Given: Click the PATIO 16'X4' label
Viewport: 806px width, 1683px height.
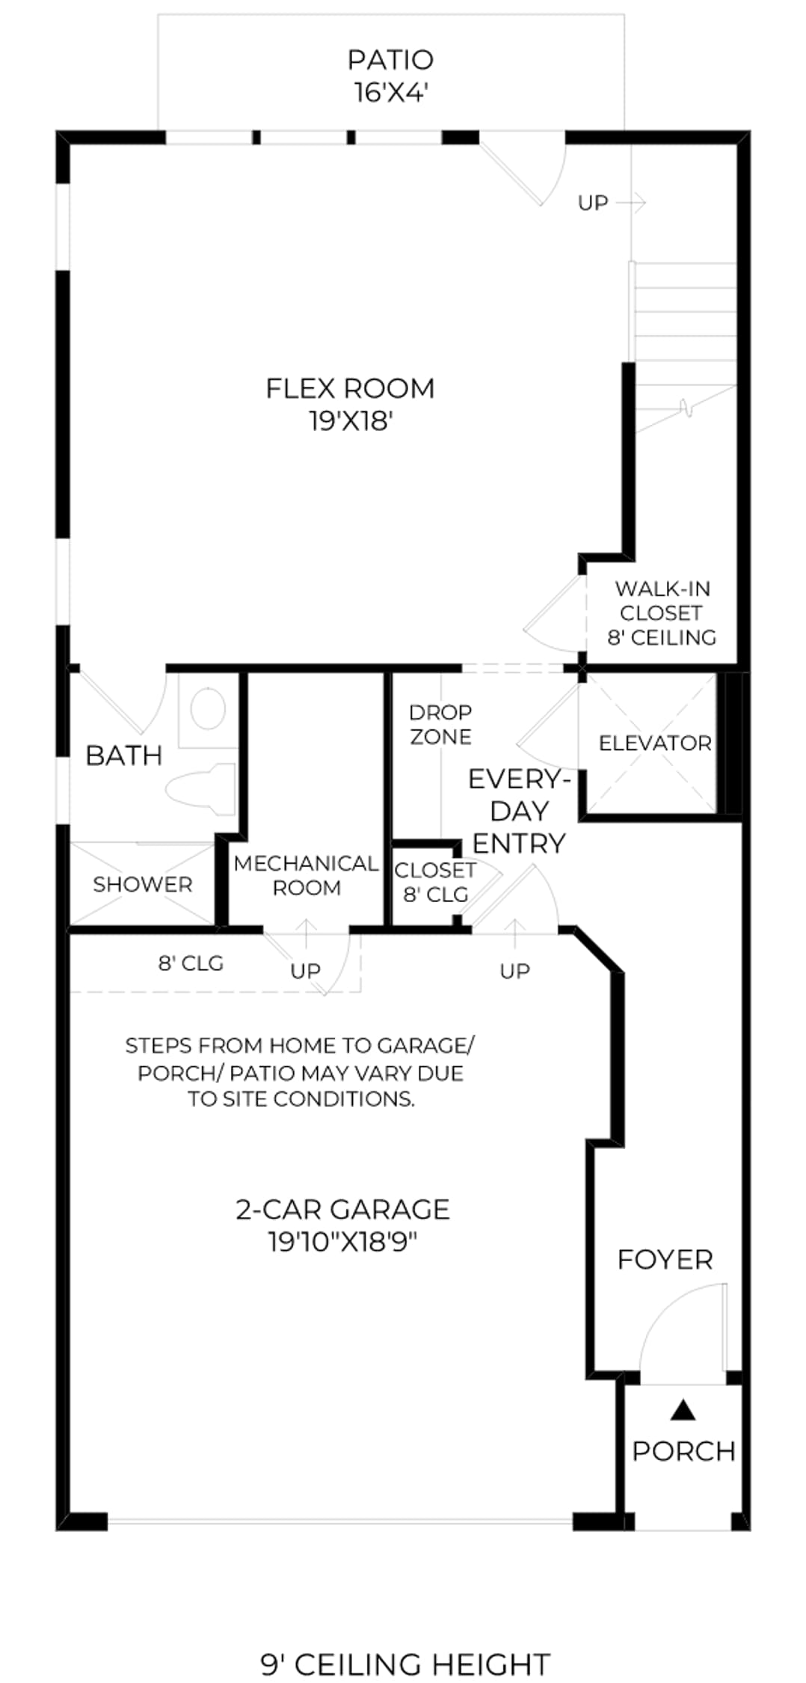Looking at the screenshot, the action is pos(391,76).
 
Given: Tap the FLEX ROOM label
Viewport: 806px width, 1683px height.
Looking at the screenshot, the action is pos(350,405).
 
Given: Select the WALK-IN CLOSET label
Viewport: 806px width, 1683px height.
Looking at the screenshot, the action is pos(662,613).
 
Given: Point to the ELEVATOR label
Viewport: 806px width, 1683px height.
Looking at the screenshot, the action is pos(655,743).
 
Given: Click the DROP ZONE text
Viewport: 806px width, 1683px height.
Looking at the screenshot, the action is pos(441,724).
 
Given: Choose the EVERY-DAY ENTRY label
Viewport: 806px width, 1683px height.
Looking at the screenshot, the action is pos(519,811).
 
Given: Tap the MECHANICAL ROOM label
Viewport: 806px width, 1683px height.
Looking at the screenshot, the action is pos(306,875).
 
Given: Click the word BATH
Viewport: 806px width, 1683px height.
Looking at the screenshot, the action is pos(123,755).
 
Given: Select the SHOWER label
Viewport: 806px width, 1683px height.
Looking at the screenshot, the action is pos(142,884).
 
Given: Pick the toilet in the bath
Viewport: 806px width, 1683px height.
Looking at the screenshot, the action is pos(200,788).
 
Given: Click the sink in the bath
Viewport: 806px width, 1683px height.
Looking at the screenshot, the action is pos(207,709).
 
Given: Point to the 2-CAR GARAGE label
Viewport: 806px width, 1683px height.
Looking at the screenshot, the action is pos(342,1225).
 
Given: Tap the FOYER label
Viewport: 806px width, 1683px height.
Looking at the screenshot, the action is pos(665,1260).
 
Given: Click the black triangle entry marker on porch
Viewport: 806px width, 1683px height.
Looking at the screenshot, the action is pos(683,1410).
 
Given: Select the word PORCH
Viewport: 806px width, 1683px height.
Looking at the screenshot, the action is pos(684,1452).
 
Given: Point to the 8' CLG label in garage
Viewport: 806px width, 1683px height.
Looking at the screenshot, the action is pos(191,963).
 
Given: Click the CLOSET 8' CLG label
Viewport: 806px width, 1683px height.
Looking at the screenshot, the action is pos(435,882).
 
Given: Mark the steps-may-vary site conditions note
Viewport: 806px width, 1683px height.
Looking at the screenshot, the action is pos(300,1072).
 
